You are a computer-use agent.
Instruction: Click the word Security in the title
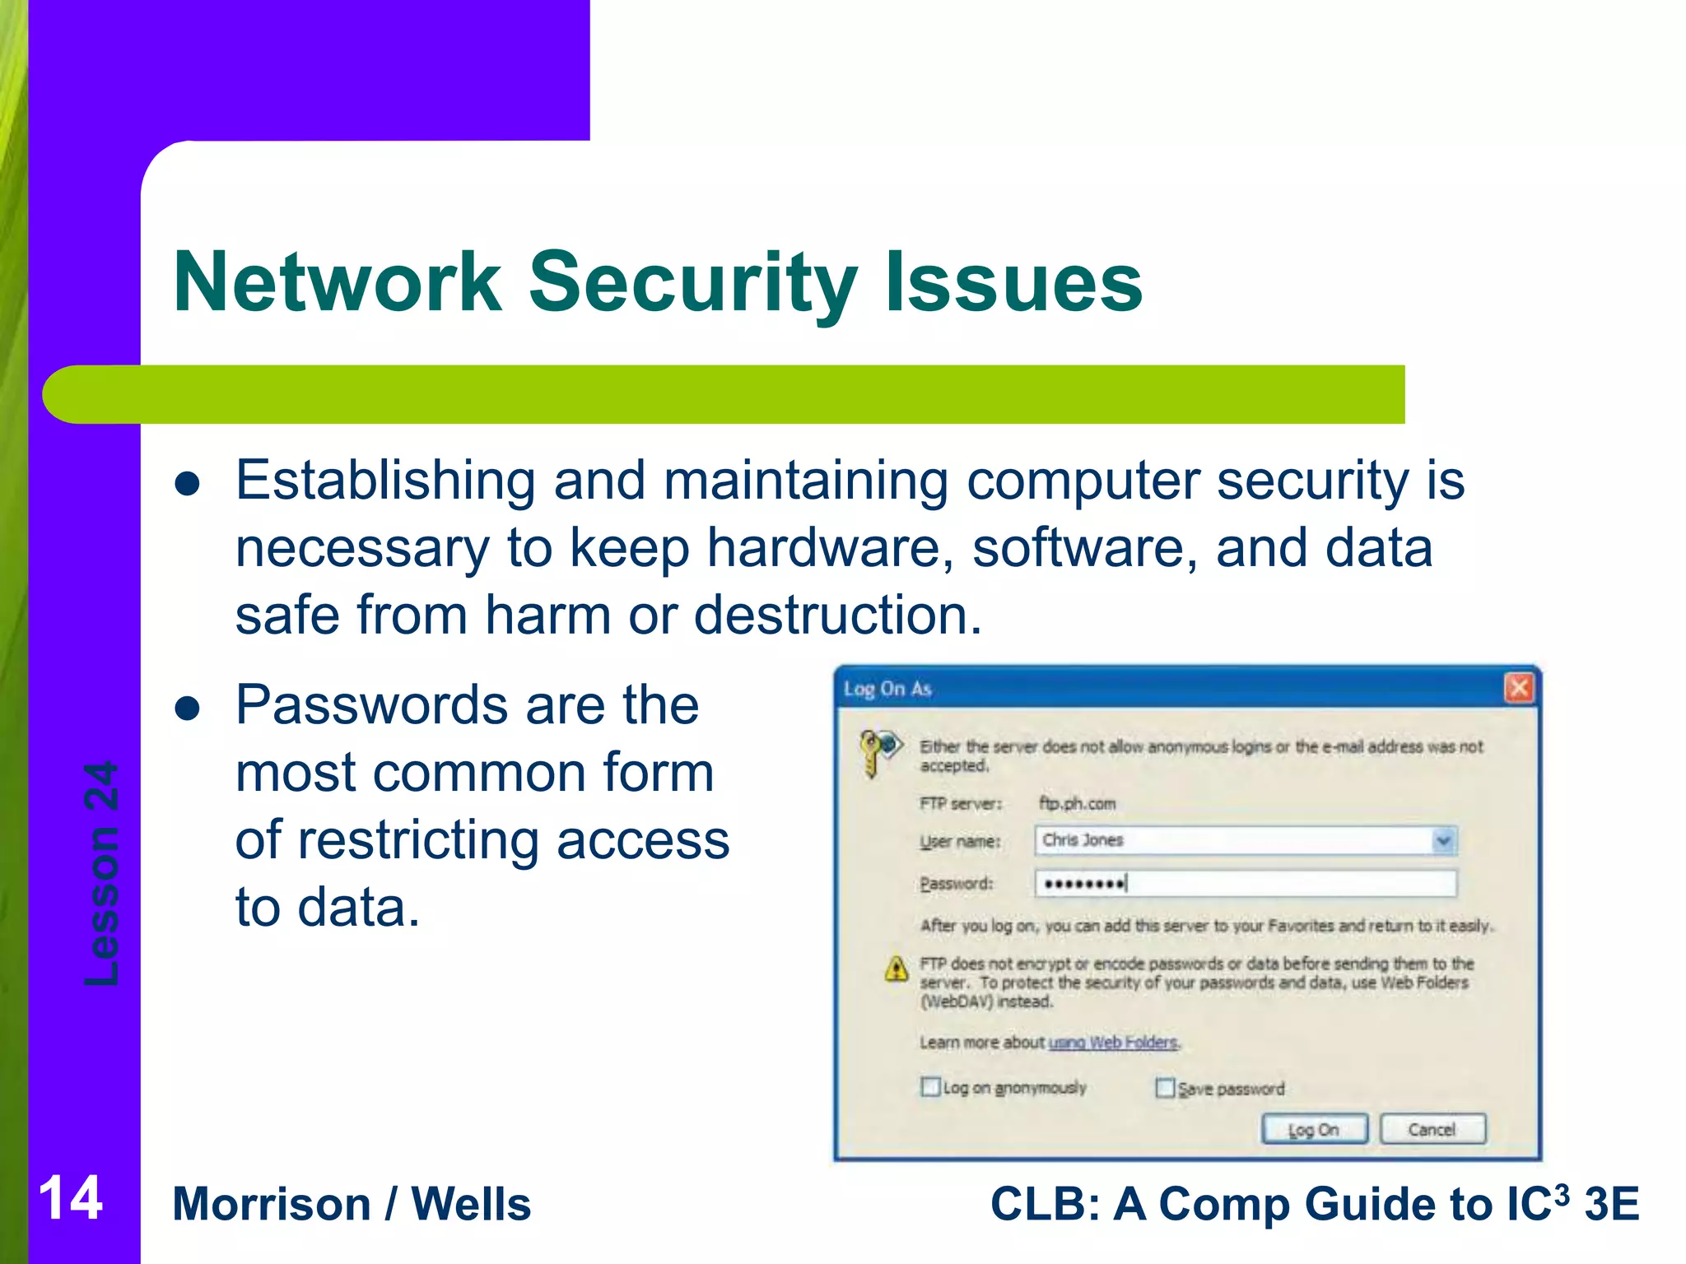[x=693, y=282]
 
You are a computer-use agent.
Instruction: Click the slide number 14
[x=70, y=1198]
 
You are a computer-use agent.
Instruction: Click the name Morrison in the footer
[x=272, y=1204]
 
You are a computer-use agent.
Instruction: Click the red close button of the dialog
[x=1519, y=688]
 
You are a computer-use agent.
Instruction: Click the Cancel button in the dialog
[x=1432, y=1130]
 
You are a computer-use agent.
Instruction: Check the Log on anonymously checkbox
[x=930, y=1087]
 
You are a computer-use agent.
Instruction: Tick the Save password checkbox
[x=1165, y=1088]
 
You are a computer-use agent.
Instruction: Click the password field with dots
[x=1245, y=884]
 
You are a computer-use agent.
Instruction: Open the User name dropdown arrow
[x=1442, y=840]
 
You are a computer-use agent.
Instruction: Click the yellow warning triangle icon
[x=897, y=969]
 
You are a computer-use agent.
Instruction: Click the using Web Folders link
[x=1113, y=1043]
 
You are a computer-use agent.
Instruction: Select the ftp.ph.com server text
[x=1077, y=803]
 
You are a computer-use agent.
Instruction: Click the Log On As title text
[x=887, y=689]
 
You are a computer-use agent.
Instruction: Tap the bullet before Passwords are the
[x=188, y=708]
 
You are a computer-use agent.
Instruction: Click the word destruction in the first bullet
[x=837, y=616]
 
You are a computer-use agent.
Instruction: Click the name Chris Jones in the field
[x=1083, y=840]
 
